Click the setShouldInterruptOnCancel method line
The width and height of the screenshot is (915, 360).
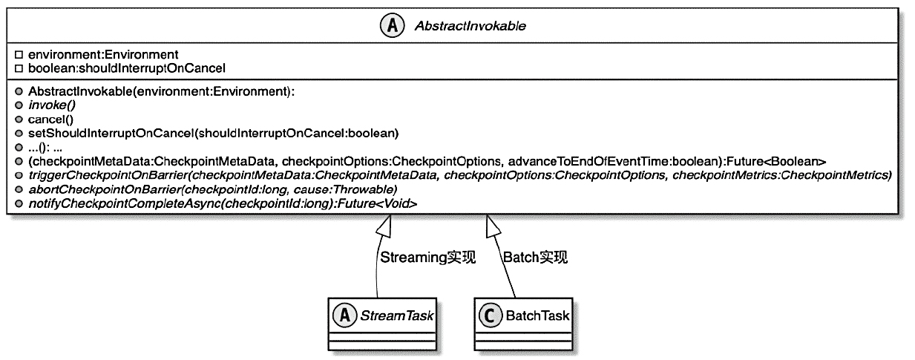point(213,134)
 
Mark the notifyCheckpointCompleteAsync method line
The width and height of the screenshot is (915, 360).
point(222,202)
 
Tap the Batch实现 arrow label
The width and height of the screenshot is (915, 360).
point(535,258)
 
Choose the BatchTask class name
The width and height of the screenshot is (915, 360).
point(538,316)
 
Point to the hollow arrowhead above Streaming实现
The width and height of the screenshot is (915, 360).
point(382,226)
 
